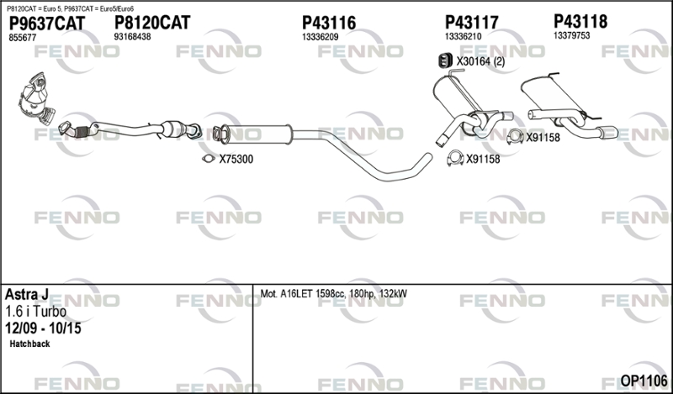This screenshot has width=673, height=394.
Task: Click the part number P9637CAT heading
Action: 47,23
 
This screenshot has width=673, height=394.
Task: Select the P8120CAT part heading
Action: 152,23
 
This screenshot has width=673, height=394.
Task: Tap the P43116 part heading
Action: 329,23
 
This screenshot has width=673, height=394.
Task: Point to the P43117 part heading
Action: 471,23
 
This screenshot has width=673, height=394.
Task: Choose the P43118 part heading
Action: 580,21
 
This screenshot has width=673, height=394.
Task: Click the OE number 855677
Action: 23,38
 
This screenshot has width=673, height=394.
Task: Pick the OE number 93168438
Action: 132,37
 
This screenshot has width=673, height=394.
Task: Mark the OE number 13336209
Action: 321,37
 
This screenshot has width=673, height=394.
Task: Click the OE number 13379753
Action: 572,35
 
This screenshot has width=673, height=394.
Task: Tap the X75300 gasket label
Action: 236,159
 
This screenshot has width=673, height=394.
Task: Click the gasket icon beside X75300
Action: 209,159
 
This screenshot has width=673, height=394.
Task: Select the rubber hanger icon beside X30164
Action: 445,60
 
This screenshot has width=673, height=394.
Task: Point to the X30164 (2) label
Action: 480,61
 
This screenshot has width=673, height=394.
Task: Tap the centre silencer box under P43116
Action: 258,134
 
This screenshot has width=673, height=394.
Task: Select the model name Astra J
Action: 27,295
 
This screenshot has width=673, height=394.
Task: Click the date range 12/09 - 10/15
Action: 43,328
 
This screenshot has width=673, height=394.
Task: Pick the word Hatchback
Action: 29,344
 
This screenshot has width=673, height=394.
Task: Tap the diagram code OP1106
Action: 644,381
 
